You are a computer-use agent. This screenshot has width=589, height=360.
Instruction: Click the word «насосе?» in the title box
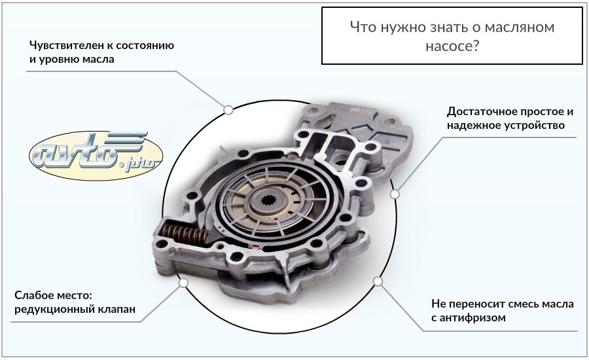pos(452,47)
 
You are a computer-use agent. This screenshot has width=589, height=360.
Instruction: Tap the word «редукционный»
pos(53,310)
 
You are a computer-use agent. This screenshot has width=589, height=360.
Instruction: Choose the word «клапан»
pos(117,310)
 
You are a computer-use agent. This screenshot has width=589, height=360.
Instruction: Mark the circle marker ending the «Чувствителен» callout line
pos(228,109)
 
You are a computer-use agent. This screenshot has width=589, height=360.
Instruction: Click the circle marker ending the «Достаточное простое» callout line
pos(395,194)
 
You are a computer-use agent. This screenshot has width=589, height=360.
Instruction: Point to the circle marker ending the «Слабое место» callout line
pos(183,283)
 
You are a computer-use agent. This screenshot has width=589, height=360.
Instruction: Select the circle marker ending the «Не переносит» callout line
pos(378,281)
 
